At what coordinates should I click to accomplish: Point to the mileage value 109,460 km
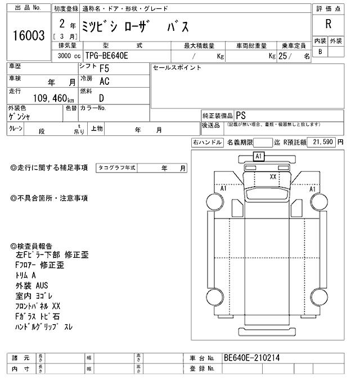pyautogui.click(x=43, y=98)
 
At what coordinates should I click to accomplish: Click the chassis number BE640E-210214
pyautogui.click(x=251, y=357)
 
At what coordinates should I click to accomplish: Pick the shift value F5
pyautogui.click(x=104, y=69)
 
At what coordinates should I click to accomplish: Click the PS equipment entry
pyautogui.click(x=241, y=113)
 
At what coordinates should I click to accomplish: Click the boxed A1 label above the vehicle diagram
pyautogui.click(x=259, y=157)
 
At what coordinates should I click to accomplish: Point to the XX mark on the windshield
pyautogui.click(x=273, y=176)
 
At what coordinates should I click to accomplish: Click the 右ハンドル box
pyautogui.click(x=207, y=143)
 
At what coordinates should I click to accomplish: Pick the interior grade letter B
pyautogui.click(x=320, y=52)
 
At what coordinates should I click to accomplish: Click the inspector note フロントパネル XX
pyautogui.click(x=38, y=306)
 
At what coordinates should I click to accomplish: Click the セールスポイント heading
pyautogui.click(x=177, y=67)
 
